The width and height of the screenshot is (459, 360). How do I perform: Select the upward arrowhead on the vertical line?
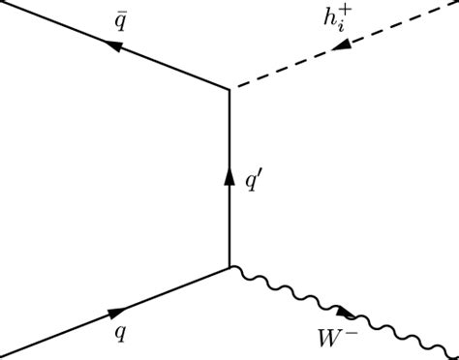click(x=229, y=177)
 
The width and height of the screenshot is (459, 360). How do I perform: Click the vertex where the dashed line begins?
click(x=229, y=89)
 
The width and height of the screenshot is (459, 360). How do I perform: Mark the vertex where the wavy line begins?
click(x=229, y=266)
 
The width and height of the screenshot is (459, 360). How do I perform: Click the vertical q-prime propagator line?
click(x=229, y=223)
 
